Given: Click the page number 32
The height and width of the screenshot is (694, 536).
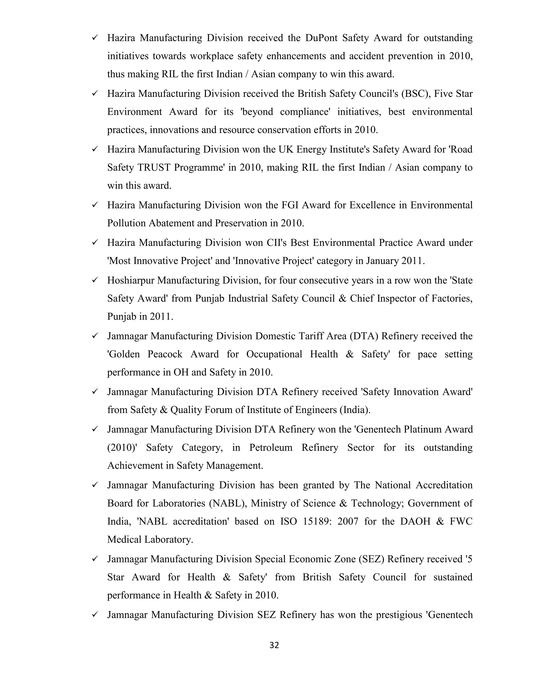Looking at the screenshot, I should point(274,645).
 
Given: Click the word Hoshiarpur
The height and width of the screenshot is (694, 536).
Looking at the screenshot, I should point(131,280).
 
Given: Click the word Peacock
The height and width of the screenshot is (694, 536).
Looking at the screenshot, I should point(165,354).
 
